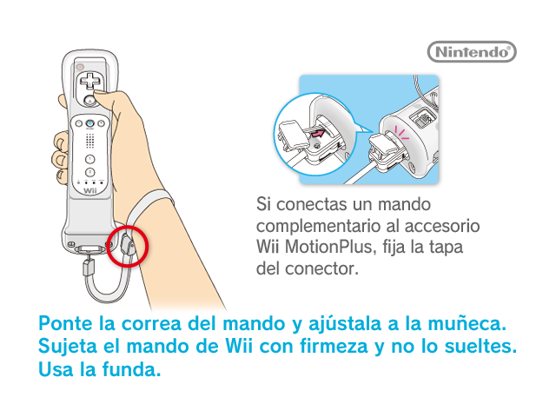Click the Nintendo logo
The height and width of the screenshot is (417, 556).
(x=472, y=52)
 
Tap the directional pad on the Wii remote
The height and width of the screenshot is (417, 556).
(x=90, y=81)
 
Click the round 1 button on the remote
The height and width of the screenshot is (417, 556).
(x=90, y=159)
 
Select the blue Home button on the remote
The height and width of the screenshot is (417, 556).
(x=90, y=123)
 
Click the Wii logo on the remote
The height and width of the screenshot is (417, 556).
(x=90, y=191)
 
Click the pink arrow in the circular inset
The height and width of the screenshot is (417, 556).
(x=317, y=134)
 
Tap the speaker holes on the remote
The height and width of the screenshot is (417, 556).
(x=90, y=141)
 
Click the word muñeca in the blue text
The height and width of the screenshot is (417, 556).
(x=467, y=324)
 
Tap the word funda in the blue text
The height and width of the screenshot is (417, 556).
(x=131, y=369)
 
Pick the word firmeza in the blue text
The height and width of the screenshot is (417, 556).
(x=334, y=346)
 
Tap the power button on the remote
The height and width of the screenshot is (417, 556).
(x=80, y=66)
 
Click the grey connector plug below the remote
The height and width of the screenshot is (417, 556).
(x=89, y=267)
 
